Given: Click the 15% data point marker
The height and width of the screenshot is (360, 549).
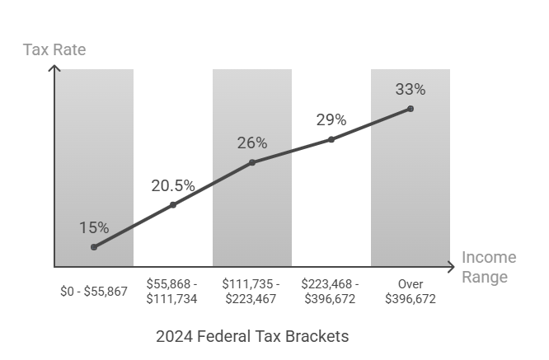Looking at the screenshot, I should point(94,247).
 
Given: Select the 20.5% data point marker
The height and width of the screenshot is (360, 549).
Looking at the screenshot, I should point(173,204).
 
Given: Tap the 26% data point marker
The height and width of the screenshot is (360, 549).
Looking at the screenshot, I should point(252,162).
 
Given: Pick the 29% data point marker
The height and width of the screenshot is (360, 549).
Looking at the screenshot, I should point(331,139).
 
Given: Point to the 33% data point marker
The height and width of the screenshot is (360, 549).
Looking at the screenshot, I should point(411,109).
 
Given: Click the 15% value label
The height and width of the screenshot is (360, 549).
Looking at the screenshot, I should point(94,227).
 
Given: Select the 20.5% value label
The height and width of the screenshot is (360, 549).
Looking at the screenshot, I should point(173,185).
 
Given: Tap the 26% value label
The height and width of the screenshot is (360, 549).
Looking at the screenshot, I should point(252,143).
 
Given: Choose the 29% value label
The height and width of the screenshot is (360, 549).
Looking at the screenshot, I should point(331,120).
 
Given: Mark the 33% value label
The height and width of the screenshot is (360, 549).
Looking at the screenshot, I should point(411,89).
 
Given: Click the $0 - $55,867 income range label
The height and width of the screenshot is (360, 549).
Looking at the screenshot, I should point(94,291).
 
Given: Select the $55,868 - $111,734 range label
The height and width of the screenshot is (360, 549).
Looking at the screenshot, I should point(171,291).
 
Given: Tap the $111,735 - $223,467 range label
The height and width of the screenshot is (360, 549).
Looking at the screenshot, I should point(251,291).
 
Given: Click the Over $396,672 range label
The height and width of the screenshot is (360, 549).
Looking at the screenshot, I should point(410,291).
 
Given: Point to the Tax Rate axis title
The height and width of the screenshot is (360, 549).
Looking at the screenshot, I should point(54,49).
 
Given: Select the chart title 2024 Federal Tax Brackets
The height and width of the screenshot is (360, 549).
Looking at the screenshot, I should point(252,336).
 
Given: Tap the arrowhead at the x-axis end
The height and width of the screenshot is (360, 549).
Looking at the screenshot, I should point(450,267).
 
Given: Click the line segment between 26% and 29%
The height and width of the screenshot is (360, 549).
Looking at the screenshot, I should point(292,151).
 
